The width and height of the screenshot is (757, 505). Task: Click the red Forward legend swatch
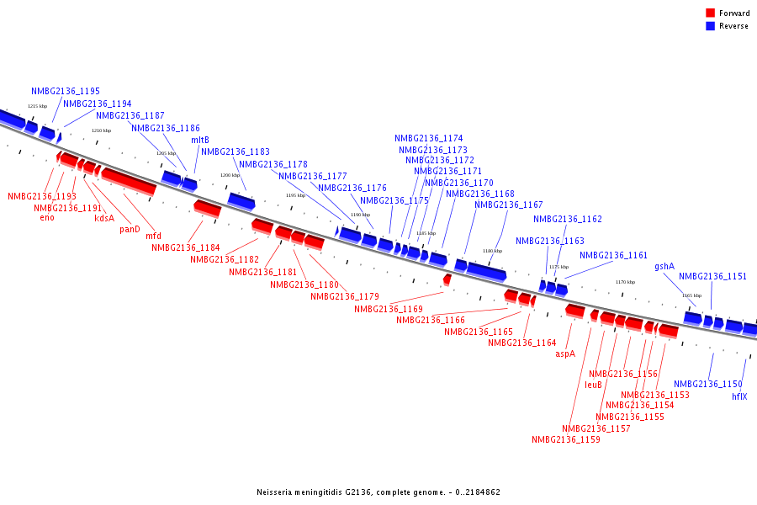(710, 13)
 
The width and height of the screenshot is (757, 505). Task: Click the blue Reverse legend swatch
(710, 26)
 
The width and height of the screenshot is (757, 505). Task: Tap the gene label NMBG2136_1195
(66, 91)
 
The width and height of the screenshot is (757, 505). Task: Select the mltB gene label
(200, 140)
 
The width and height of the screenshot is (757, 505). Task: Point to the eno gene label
(47, 217)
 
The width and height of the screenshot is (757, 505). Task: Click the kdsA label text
(104, 218)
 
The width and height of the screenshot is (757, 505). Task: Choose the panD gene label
(130, 229)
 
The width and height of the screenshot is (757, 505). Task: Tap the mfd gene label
(153, 237)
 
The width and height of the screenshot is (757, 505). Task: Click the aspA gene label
(565, 353)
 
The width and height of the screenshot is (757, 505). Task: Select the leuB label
(593, 385)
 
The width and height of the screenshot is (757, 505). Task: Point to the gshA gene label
(664, 267)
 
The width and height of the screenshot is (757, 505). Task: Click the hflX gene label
(739, 396)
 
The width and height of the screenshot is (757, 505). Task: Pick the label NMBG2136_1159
(566, 439)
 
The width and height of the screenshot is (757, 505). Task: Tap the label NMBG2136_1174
(429, 138)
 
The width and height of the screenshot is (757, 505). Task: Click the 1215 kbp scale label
(37, 106)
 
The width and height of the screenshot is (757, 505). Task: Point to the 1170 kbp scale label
(625, 282)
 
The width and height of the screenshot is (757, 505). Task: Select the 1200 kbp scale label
(230, 175)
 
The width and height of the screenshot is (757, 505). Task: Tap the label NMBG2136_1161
(614, 255)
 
